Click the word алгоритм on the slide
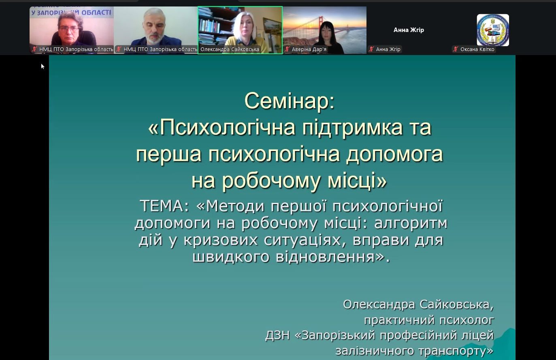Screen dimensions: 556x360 411,223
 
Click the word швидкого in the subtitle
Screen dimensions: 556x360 231,257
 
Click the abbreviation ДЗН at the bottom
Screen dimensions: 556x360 277,335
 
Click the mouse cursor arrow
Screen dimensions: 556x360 43,66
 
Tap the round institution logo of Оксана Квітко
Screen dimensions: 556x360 493,30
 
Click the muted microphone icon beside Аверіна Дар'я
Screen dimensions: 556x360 287,49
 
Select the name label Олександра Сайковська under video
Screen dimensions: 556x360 230,49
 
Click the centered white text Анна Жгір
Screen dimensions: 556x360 409,30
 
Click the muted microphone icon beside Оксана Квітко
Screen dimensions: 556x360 456,49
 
